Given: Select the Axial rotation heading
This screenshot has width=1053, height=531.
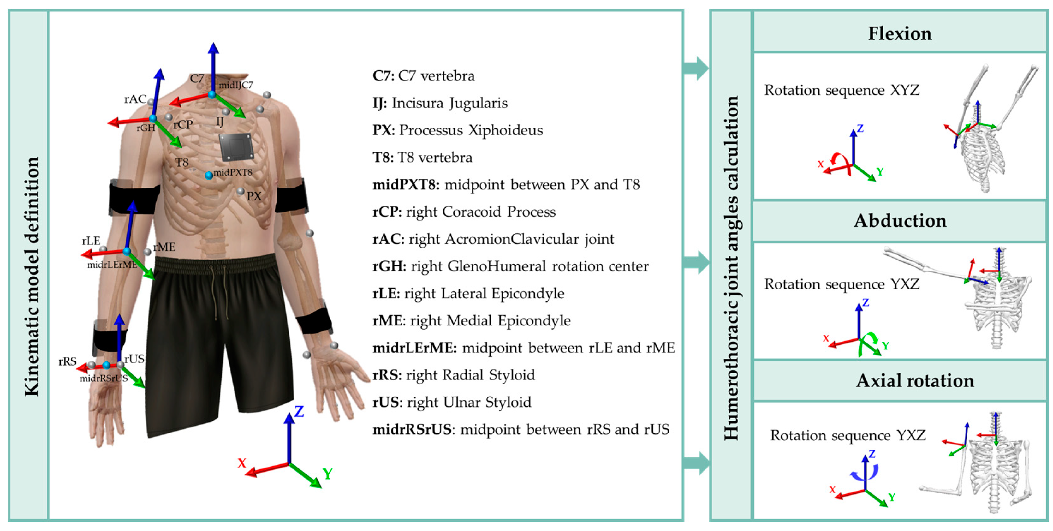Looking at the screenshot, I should tap(914, 380).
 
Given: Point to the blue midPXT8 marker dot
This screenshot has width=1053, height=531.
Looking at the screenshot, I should tap(208, 175).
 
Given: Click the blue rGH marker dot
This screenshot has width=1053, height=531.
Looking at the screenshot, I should tap(152, 119).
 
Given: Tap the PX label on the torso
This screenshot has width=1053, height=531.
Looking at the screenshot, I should tap(253, 196).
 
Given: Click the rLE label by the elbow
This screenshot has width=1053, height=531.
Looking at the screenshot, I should tap(91, 241).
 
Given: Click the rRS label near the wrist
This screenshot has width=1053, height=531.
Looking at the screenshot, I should tap(68, 361).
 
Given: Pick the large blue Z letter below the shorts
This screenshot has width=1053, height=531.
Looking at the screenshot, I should tap(299, 412).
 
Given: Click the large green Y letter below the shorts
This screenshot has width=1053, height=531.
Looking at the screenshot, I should tap(327, 474).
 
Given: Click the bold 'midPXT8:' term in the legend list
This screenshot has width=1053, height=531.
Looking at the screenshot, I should tap(406, 185).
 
